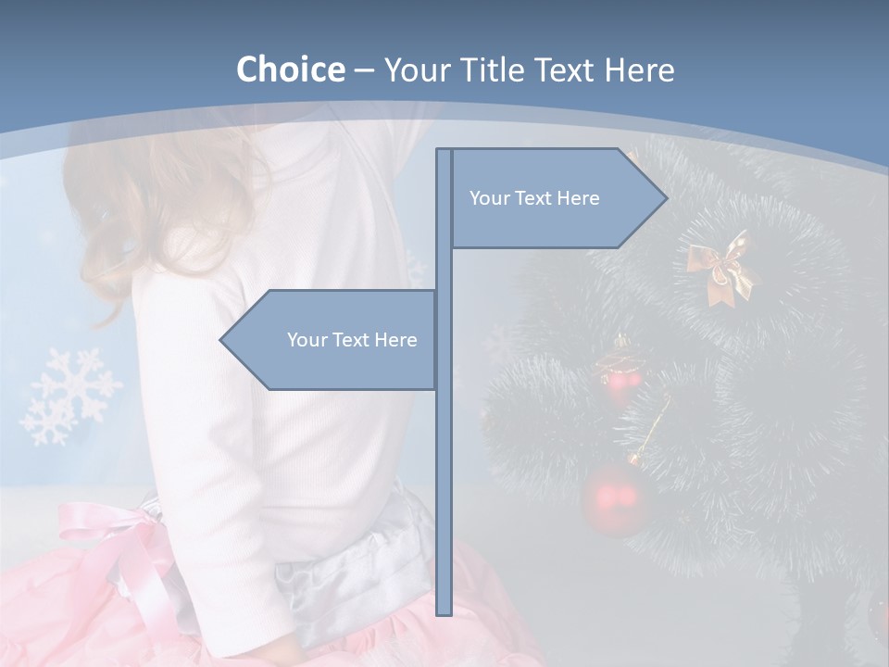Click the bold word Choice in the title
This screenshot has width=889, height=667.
[x=290, y=69]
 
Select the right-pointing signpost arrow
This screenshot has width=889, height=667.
[x=556, y=198]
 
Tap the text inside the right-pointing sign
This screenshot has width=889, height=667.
[x=534, y=198]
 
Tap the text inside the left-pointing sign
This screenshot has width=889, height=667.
[x=352, y=340]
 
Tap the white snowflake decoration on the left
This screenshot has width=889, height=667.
[x=69, y=396]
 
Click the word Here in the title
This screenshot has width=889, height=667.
[x=640, y=69]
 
